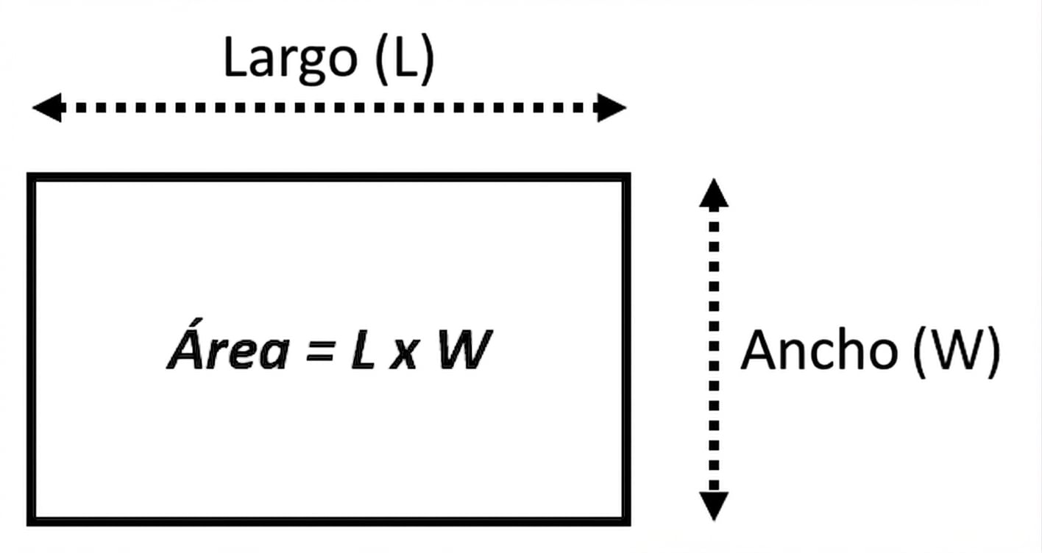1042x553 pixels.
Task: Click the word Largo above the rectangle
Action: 290,59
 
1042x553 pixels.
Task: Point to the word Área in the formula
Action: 229,350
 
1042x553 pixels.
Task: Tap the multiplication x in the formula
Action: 404,354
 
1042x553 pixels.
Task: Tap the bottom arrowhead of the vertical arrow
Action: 713,505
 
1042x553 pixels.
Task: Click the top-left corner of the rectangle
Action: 32,177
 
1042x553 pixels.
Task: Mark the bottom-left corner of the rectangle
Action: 32,521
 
